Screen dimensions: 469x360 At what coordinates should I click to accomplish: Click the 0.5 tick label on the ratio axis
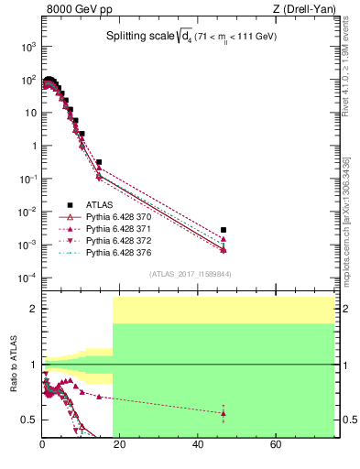tap(28, 420)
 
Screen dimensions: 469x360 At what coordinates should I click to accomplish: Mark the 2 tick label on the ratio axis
tap(33, 309)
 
